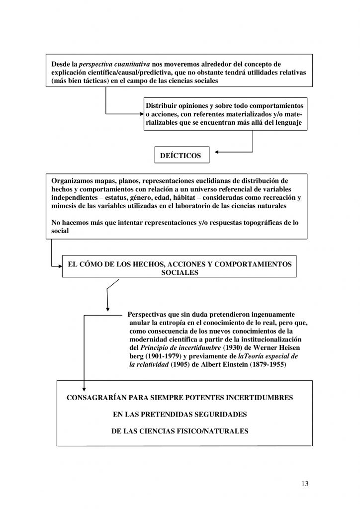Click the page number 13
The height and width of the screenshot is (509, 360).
pyautogui.click(x=305, y=483)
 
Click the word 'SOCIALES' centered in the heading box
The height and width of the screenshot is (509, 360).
pyautogui.click(x=180, y=273)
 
